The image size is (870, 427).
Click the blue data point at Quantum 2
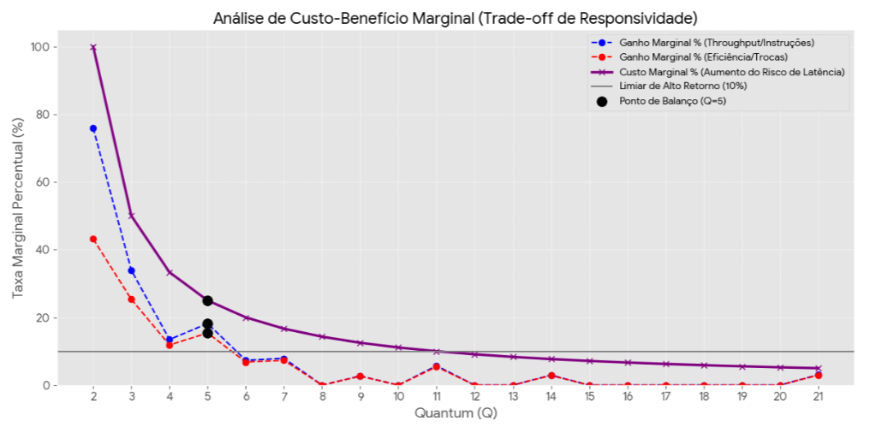[93, 128]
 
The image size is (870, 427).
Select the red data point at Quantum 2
[93, 239]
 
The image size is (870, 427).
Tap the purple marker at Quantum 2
[93, 47]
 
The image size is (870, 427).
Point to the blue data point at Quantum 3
[131, 270]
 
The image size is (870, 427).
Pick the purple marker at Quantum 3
[131, 216]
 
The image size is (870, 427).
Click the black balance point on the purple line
[207, 300]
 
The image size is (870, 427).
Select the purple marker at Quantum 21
[818, 368]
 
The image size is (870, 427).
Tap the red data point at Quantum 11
[437, 366]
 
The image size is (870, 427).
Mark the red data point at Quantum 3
[131, 299]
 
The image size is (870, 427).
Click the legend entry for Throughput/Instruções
[716, 43]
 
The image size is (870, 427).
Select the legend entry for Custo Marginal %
[731, 72]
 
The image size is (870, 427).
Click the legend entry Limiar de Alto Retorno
[682, 86]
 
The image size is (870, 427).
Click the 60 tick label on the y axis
[39, 182]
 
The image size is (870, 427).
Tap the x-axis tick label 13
[513, 398]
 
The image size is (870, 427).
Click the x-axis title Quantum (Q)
[455, 413]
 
